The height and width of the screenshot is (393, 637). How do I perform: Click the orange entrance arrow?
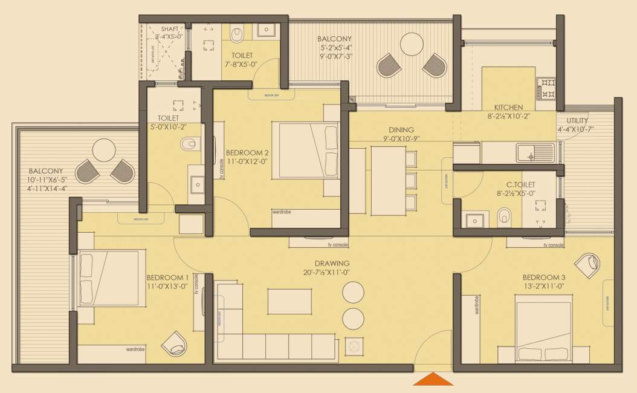[x=433, y=379]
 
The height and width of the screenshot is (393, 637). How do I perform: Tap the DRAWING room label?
[x=332, y=264]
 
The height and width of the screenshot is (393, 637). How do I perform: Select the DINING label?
[x=401, y=130]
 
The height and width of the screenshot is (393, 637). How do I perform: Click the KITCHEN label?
[x=508, y=108]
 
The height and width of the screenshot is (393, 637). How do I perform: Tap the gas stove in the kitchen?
[x=546, y=88]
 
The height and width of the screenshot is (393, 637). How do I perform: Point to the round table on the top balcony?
[x=412, y=43]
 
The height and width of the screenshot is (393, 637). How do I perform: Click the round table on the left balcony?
[x=104, y=151]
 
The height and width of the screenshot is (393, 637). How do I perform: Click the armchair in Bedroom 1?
[x=175, y=343]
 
